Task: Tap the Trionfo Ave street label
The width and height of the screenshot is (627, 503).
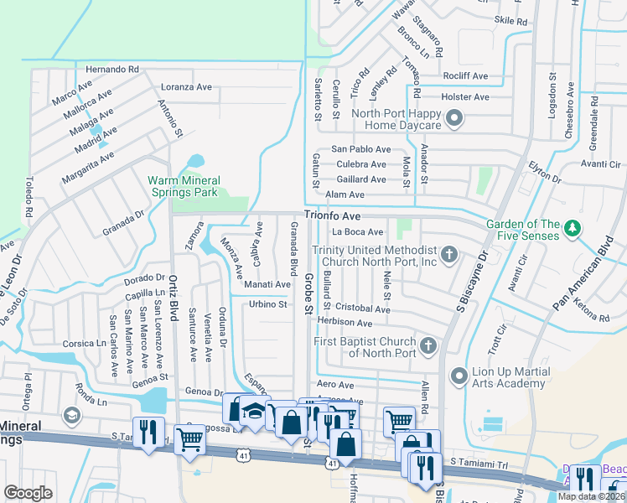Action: (x=331, y=215)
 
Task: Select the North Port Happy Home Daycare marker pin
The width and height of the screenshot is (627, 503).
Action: (x=455, y=118)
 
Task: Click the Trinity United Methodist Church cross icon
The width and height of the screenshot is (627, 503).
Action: (x=449, y=254)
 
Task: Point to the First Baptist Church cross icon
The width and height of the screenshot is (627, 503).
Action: (x=428, y=345)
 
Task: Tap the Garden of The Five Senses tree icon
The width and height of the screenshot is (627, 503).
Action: (x=573, y=228)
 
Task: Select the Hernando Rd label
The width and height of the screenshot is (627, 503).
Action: (x=111, y=69)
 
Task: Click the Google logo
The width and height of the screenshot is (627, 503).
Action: (x=28, y=493)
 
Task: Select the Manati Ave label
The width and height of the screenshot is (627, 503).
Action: (x=267, y=284)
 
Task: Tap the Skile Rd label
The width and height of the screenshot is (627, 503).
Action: (x=510, y=21)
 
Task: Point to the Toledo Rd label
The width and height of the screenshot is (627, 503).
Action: (x=28, y=194)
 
